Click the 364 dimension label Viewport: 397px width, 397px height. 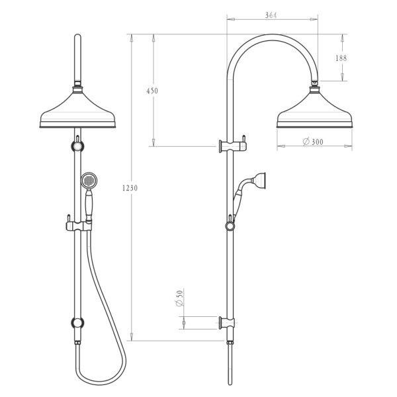tap(271, 15)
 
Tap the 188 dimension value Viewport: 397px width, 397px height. tap(341, 58)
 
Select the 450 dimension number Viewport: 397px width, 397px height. tap(152, 91)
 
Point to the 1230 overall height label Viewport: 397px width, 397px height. tap(130, 188)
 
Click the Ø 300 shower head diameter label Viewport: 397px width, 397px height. tap(313, 142)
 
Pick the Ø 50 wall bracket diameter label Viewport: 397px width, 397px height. tap(179, 298)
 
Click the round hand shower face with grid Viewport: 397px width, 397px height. tap(89, 181)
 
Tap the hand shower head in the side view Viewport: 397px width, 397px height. tap(259, 181)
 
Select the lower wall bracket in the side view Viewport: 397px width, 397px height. tap(226, 323)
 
